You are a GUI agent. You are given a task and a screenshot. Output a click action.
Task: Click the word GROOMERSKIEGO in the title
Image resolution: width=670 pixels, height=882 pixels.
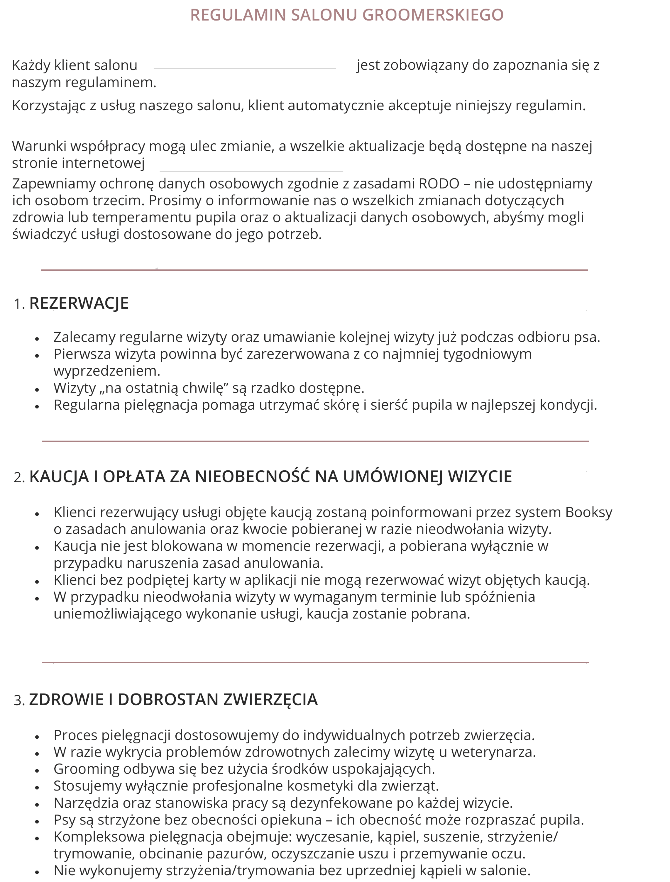433,15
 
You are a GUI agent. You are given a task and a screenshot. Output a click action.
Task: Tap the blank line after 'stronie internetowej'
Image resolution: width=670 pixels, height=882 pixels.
251,171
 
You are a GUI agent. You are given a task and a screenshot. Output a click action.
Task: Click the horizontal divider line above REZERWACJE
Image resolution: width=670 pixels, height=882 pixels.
314,270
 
